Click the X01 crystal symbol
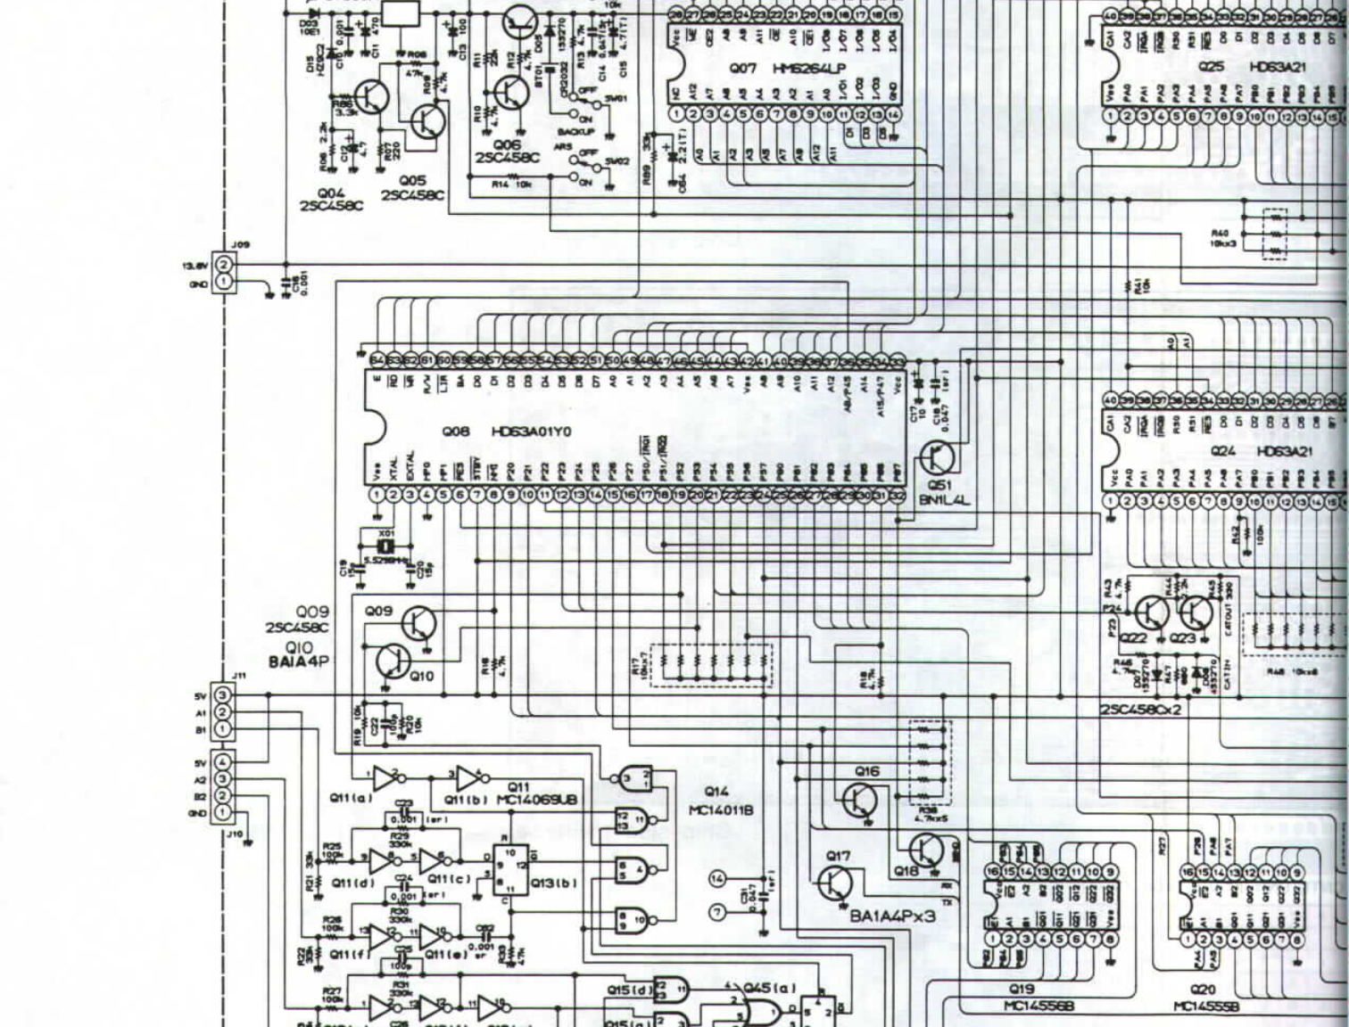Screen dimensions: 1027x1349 tap(386, 546)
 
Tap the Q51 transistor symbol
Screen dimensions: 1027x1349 tap(938, 458)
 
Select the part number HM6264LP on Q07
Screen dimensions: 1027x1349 tap(808, 68)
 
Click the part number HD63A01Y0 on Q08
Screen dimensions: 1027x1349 tap(532, 431)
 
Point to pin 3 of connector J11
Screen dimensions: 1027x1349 tap(223, 695)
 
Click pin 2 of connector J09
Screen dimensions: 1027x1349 tap(224, 265)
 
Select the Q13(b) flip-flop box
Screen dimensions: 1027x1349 tap(510, 870)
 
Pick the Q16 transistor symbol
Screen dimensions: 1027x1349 tap(860, 800)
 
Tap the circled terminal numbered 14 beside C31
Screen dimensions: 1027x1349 tap(717, 879)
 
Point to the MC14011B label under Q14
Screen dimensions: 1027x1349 tap(721, 809)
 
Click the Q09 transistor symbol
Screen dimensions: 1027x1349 tap(418, 624)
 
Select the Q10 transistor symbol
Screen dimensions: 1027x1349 tap(393, 661)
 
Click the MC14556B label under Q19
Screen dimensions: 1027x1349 tap(1039, 1006)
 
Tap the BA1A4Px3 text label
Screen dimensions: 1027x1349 tap(892, 916)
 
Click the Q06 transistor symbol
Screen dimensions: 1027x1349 tap(510, 92)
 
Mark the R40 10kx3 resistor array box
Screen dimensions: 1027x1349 tap(1275, 234)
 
